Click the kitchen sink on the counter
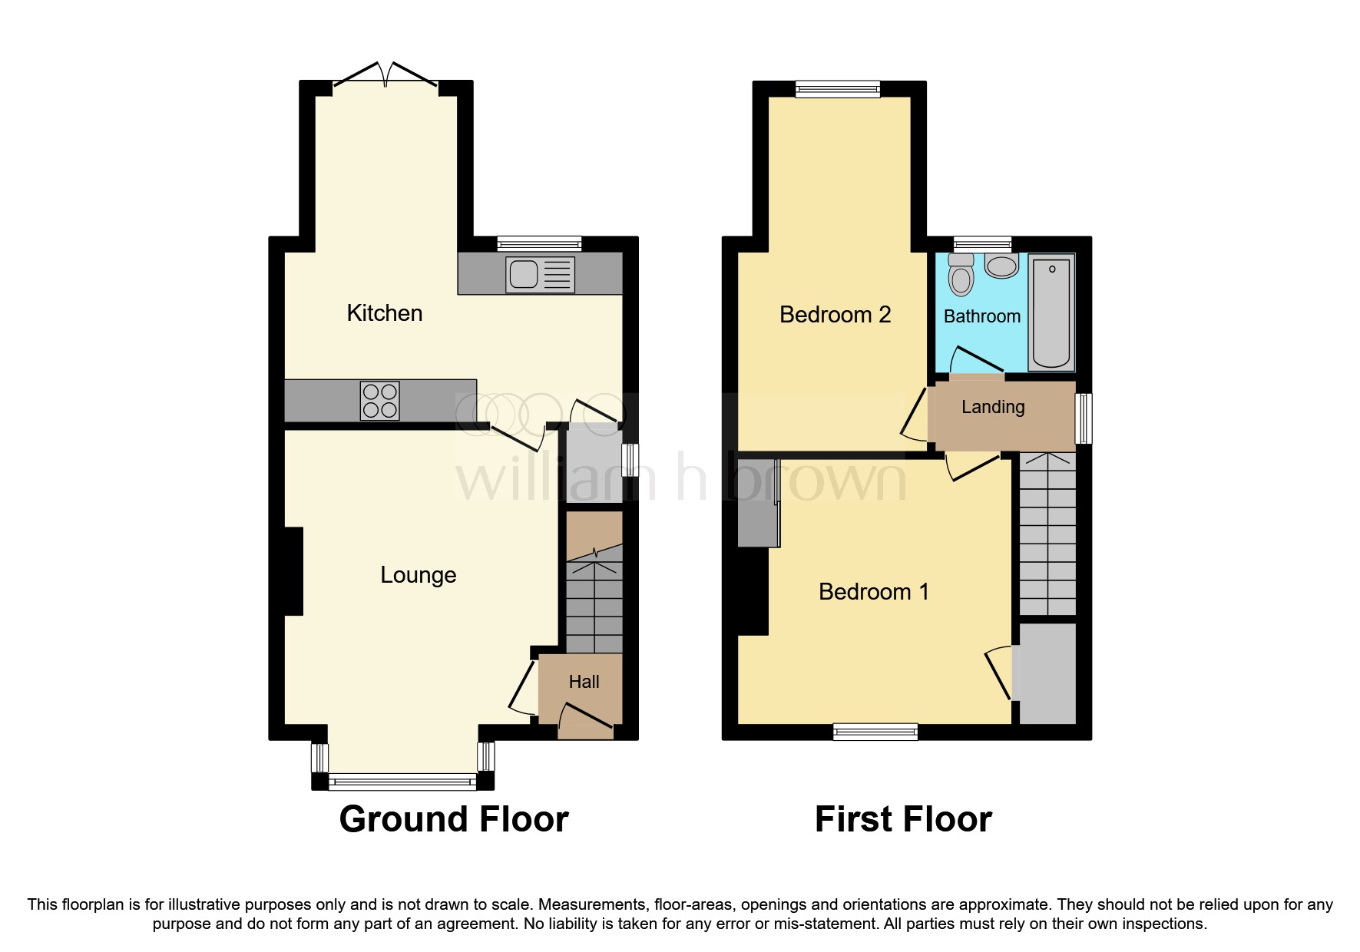(x=539, y=274)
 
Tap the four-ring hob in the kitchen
(x=379, y=401)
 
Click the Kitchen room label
(x=384, y=313)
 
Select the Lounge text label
(x=418, y=575)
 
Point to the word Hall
(x=584, y=682)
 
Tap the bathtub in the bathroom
(x=1051, y=312)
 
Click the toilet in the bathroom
(x=961, y=275)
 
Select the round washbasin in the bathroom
(x=1001, y=266)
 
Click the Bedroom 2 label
(x=835, y=315)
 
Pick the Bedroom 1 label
(x=873, y=592)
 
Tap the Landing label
(x=992, y=407)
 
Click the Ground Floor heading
(x=454, y=819)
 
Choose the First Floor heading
(x=902, y=819)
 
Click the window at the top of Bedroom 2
(x=837, y=90)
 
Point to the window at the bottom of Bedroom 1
(x=875, y=732)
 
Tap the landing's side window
(x=1083, y=418)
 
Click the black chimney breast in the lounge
(x=293, y=571)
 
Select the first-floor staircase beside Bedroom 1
(x=1047, y=534)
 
